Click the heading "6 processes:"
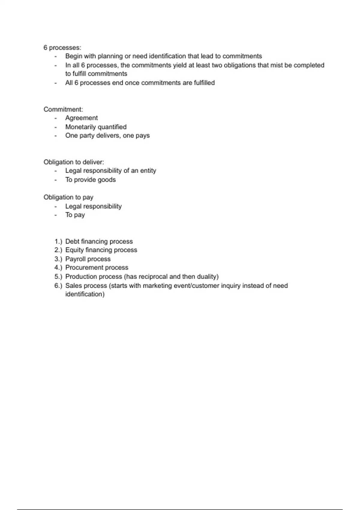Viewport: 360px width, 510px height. coord(62,48)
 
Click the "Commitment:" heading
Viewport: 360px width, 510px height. coord(63,109)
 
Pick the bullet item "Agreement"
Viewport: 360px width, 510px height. coord(81,118)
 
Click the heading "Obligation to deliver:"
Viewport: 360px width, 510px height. coord(74,162)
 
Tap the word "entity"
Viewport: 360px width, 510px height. coord(148,171)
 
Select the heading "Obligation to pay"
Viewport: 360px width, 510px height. coord(68,197)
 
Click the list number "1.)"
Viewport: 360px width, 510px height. coord(58,241)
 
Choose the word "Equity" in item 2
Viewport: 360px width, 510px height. coord(74,250)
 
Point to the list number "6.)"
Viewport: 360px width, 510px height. coord(58,286)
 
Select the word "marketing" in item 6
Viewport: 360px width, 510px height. coord(157,286)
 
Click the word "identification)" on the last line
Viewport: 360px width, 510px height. coord(85,294)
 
